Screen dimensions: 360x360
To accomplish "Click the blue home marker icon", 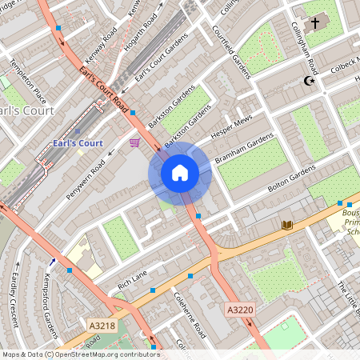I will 180,173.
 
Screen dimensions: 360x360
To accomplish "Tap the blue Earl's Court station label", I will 77,142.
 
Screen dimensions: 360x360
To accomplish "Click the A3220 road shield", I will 239,310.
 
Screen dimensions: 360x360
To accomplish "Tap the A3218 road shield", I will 102,326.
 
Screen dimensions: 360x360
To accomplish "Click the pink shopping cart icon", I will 134,142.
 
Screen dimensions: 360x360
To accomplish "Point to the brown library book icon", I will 286,226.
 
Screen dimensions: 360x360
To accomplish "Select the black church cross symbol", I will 314,24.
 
